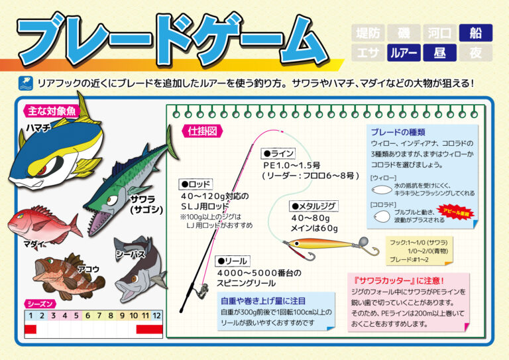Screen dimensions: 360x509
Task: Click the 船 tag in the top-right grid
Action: (475, 32)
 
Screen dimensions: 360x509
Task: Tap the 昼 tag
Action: (439, 52)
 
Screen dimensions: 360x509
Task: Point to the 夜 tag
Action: (475, 52)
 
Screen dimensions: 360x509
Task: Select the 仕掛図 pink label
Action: (202, 131)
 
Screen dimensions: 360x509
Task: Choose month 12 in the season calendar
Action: (157, 316)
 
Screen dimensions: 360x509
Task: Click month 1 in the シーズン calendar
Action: (30, 316)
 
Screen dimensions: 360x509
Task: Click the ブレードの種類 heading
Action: (398, 131)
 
